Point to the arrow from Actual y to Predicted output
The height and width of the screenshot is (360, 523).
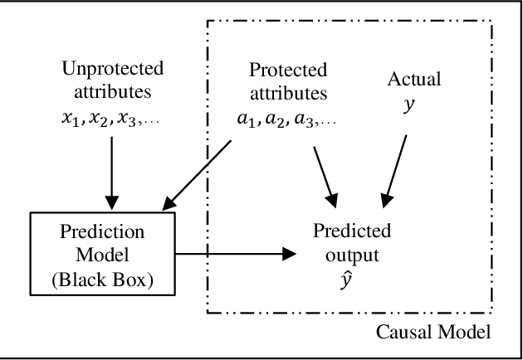coord(395,166)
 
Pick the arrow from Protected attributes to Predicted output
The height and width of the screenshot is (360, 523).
coord(325,166)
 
